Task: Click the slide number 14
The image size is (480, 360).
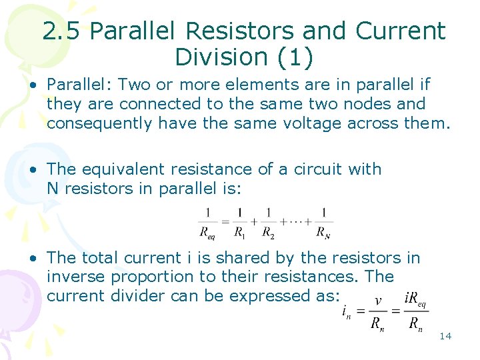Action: coord(445,336)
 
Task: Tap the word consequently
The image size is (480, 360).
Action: coord(99,123)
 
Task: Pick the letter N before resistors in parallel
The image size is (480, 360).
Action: coord(53,189)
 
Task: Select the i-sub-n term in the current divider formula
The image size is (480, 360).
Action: coord(347,311)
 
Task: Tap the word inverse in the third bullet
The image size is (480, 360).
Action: coord(73,277)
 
